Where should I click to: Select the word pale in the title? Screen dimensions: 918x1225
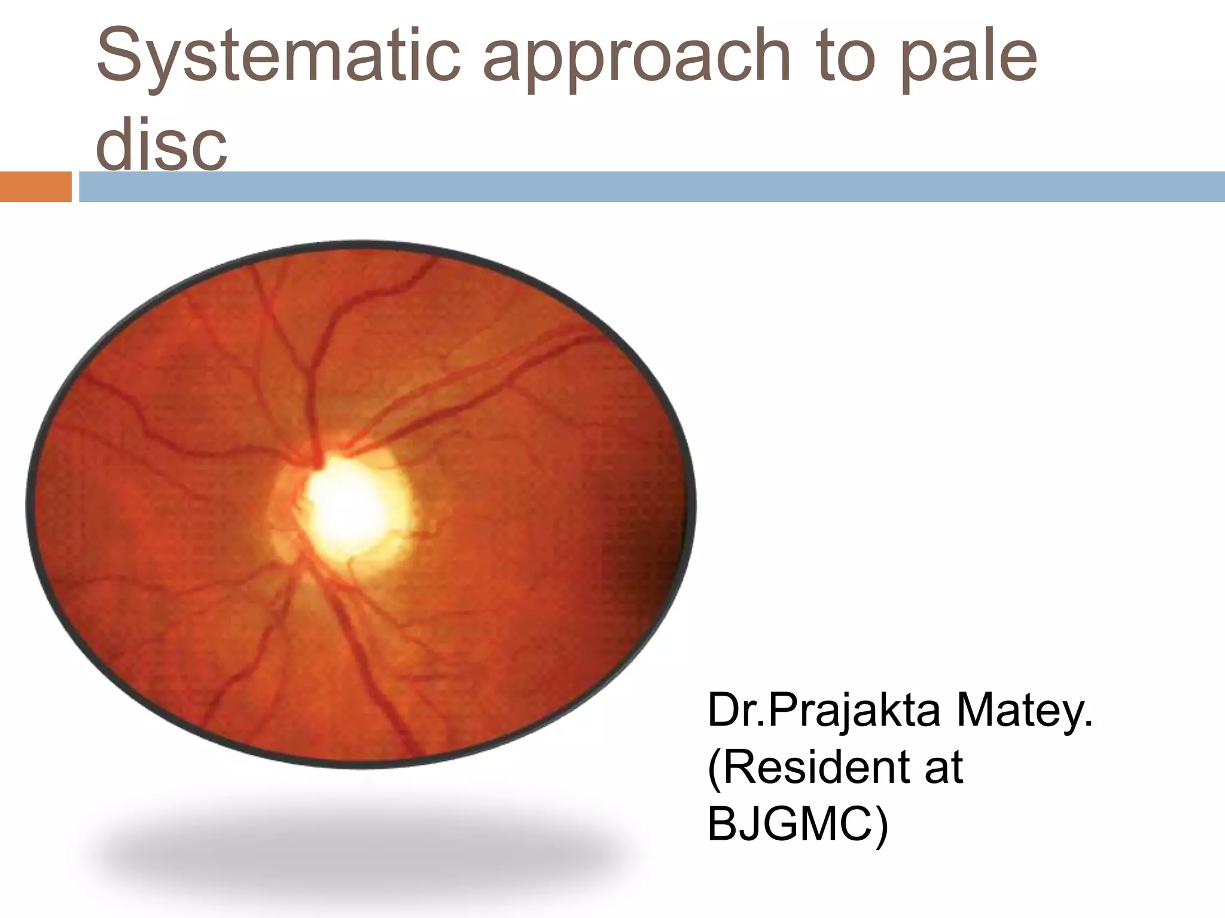coord(968,60)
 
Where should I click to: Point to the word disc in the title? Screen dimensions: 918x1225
coord(161,143)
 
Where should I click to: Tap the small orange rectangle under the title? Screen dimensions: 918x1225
coord(35,186)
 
